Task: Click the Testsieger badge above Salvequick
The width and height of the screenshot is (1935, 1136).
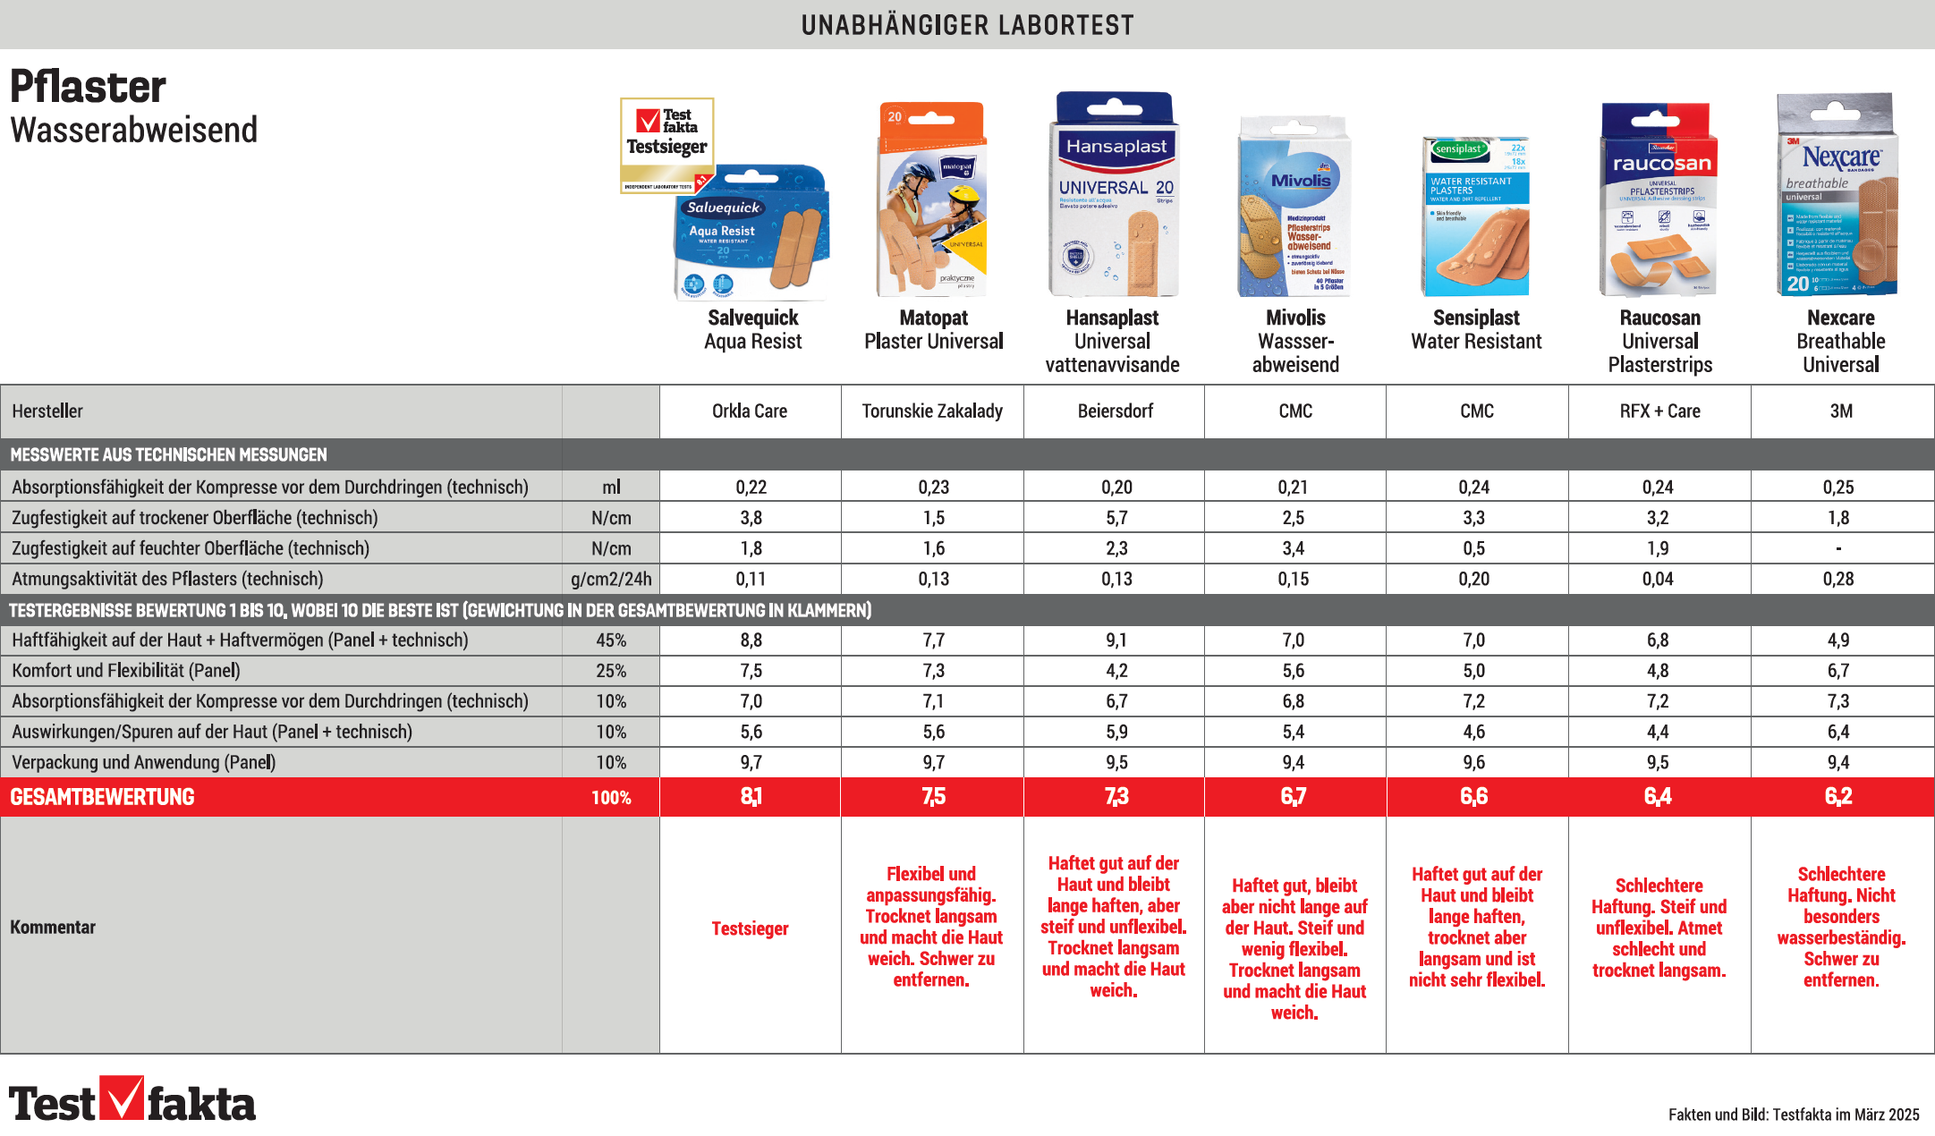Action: point(666,144)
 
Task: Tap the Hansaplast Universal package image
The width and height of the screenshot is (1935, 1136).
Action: point(1114,194)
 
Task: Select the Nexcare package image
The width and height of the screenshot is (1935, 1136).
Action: point(1837,194)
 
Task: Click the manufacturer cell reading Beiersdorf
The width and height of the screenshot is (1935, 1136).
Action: point(1115,411)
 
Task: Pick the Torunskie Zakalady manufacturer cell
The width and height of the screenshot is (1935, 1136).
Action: point(931,411)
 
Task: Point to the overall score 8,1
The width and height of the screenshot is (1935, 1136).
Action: point(751,797)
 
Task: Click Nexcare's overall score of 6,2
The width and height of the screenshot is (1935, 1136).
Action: point(1838,797)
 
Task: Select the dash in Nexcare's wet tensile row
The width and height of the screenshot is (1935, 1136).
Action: point(1838,549)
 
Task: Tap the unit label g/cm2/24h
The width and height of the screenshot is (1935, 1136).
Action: point(611,580)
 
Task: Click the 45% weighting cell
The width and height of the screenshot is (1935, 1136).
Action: point(611,640)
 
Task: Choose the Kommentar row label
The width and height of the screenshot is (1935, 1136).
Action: point(53,928)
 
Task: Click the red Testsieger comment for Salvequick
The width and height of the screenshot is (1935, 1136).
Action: point(750,929)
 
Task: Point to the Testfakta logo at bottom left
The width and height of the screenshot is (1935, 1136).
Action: point(132,1101)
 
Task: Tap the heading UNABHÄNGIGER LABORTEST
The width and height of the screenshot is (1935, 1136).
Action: point(967,25)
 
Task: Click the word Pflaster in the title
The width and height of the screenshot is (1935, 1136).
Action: point(88,88)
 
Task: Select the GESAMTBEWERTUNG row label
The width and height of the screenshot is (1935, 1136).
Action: point(102,797)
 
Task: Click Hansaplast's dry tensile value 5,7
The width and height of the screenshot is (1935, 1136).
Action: point(1116,518)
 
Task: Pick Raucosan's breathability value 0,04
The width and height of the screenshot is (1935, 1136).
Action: point(1657,580)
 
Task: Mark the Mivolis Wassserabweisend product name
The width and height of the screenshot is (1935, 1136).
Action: point(1295,341)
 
